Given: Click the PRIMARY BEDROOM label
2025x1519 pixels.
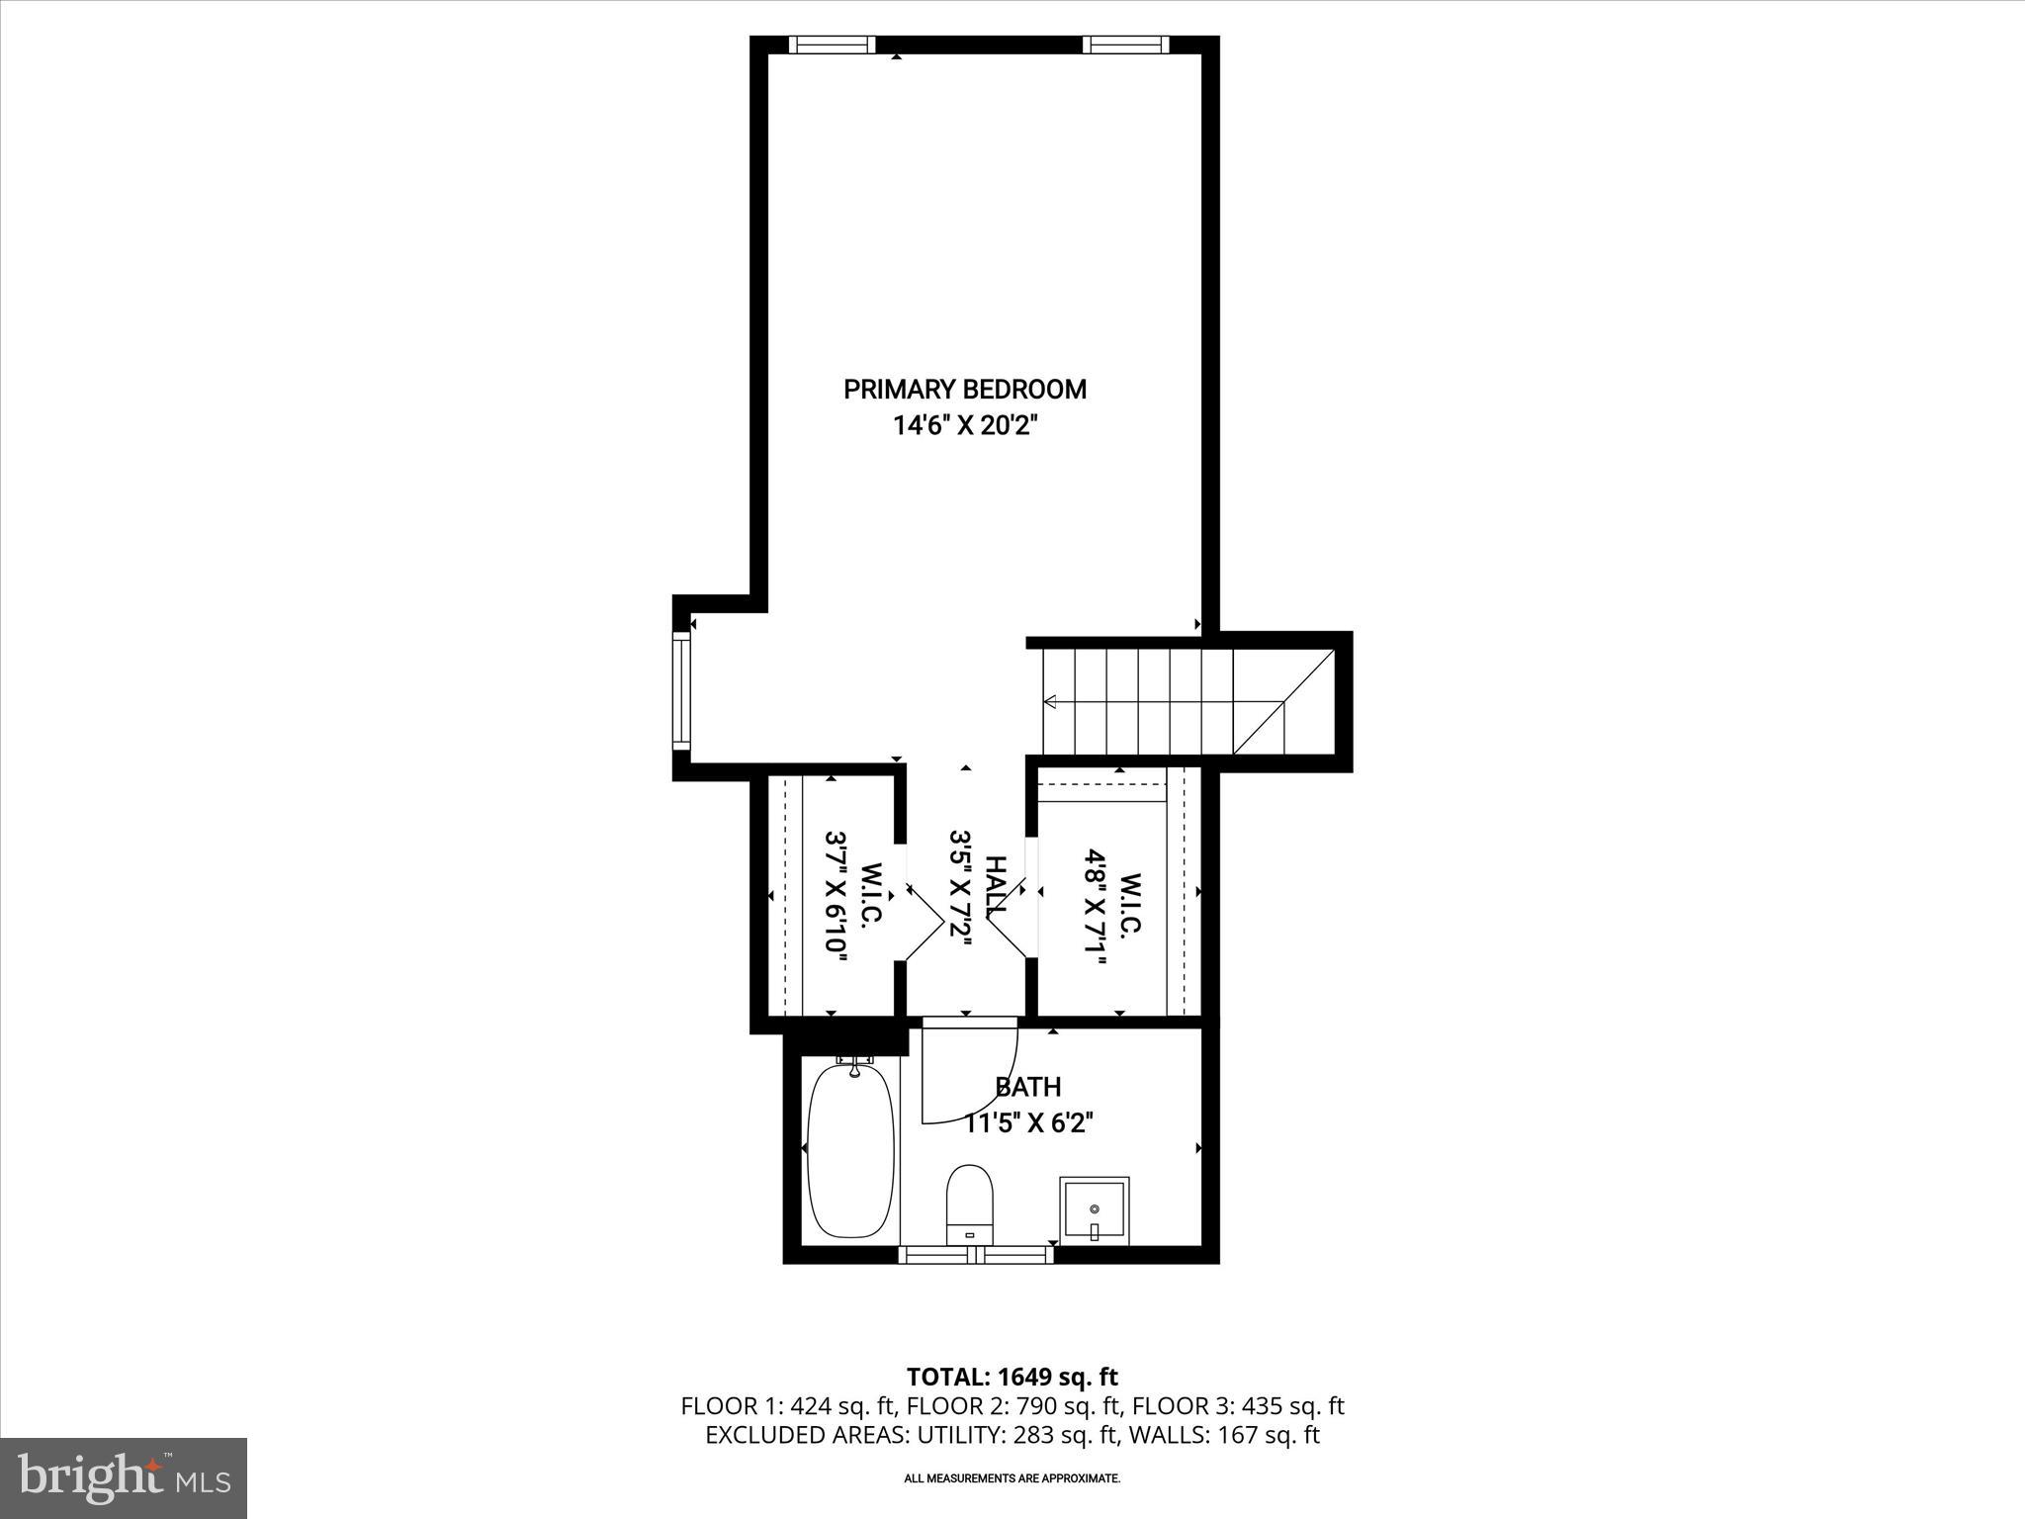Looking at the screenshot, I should pos(964,390).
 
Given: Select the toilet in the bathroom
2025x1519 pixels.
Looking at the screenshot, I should pos(969,1204).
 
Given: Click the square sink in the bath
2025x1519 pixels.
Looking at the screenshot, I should pos(1094,1208).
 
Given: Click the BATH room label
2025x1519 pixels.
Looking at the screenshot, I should pos(1028,1087).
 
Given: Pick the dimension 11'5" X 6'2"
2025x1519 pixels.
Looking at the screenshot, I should pos(1028,1123).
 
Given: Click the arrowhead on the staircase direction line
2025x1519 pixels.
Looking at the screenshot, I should pos(1050,702).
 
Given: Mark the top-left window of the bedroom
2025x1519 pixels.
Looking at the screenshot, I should pos(832,45).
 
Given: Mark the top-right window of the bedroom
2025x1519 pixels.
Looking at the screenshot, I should pos(1125,45).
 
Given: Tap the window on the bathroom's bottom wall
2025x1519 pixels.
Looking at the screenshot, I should pos(976,1254).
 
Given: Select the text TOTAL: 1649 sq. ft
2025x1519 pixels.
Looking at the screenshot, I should pos(1012,1377).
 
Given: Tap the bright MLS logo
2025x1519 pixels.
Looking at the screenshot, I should pos(124,1477).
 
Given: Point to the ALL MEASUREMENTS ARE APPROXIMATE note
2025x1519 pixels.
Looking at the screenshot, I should pos(1012,1478).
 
